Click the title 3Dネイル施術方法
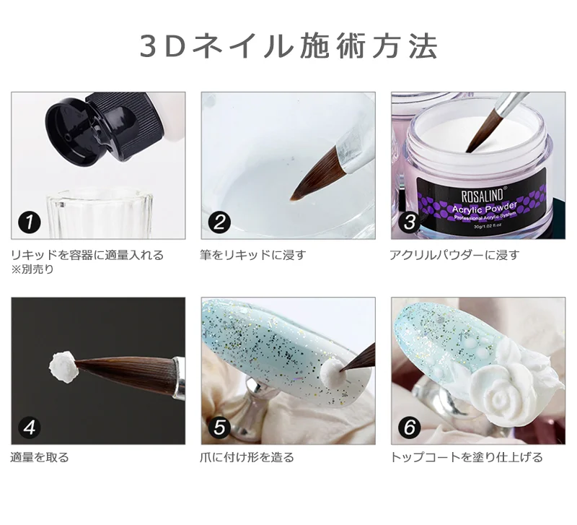[288, 46]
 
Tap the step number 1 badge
[29, 222]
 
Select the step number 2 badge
[219, 222]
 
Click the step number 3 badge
[409, 222]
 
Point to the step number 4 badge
[29, 427]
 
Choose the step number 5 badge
[219, 427]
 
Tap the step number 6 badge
[409, 427]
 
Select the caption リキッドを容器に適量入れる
[87, 255]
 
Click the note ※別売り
[32, 269]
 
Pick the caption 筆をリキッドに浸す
[253, 255]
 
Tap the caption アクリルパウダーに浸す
[454, 255]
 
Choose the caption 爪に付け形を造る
[247, 457]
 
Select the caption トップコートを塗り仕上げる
[466, 457]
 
